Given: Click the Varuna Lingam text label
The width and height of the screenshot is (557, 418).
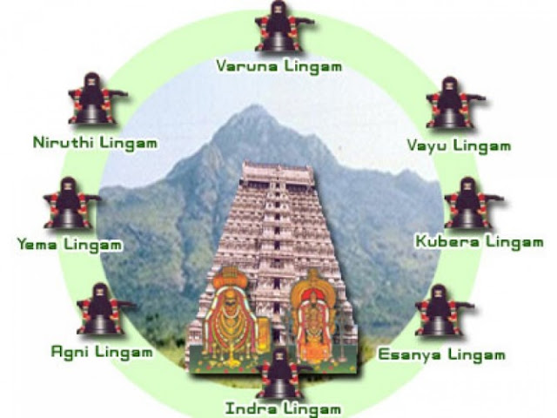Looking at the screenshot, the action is coord(278,65).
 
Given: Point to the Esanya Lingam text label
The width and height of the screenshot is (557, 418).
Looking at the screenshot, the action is coord(441,354).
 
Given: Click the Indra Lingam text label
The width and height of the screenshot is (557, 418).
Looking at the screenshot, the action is coord(283,408).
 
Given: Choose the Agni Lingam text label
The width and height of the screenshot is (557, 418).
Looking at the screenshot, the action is coord(102,353).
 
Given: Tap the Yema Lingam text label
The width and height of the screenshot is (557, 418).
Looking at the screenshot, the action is coord(70,245).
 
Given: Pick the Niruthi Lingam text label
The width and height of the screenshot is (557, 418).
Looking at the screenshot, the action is coord(94,141).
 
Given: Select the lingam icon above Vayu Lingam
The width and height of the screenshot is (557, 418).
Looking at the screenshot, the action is coord(450,104).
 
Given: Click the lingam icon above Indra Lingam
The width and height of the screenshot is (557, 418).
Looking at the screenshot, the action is coord(281,373).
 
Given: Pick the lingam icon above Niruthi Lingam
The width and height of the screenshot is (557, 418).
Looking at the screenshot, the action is coord(91,103).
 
